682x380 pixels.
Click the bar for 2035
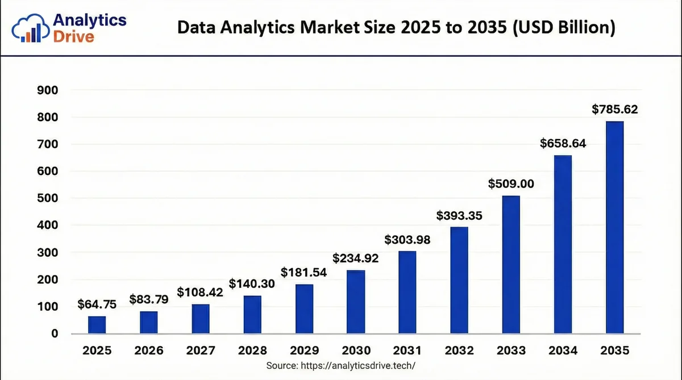[614, 227]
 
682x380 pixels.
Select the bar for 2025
[97, 324]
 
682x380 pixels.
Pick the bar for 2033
[511, 264]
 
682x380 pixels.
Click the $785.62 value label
[614, 110]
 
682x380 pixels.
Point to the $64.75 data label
[97, 304]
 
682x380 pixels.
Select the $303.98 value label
[407, 240]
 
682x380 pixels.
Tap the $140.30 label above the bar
[252, 283]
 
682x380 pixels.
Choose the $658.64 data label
[562, 144]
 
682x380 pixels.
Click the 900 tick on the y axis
[48, 90]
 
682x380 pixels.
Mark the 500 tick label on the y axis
[48, 198]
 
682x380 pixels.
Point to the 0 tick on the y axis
[55, 333]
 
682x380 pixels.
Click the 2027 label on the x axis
[200, 350]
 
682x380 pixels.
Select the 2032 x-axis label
[459, 350]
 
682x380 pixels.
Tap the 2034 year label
[562, 350]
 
